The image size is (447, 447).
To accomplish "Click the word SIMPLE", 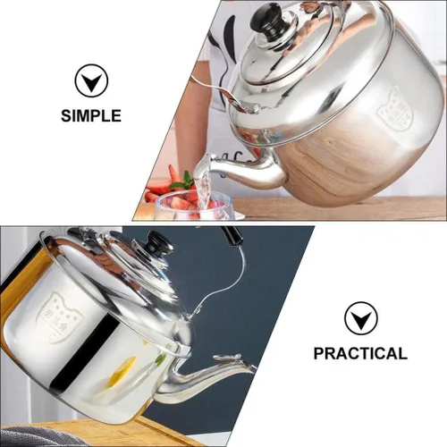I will (x=90, y=115).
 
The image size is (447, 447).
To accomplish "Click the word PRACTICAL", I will (x=359, y=353).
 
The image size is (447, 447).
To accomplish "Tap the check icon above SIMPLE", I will (x=90, y=81).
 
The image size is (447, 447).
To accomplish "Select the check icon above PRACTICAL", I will (x=360, y=318).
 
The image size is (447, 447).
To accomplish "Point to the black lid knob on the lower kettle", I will (x=160, y=243).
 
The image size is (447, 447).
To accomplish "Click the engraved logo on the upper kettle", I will (x=394, y=105).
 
